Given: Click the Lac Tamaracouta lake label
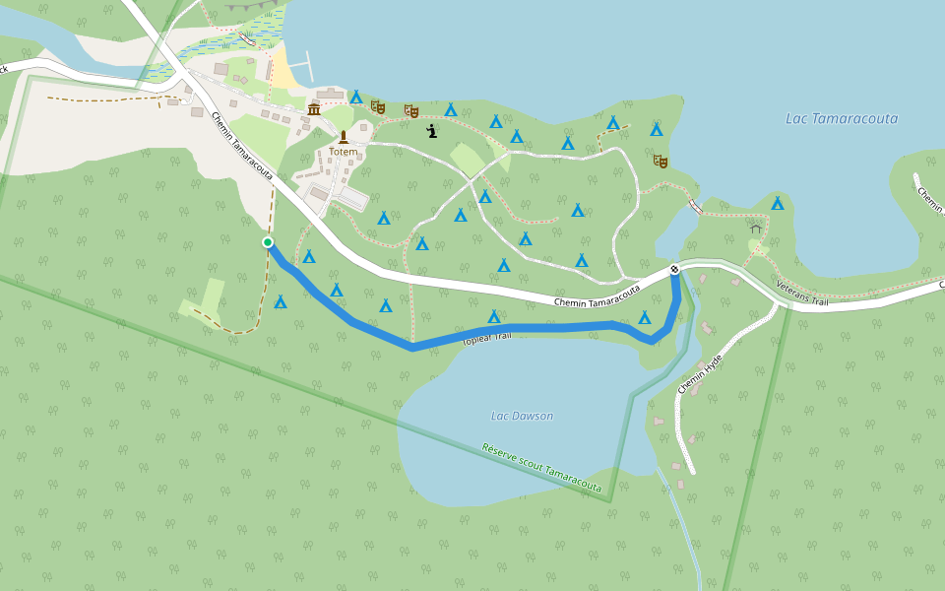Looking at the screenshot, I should coord(841,118).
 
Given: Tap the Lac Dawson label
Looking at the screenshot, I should coord(522,416).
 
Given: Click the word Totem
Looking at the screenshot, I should coord(344,152).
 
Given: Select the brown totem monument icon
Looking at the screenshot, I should coord(344,137).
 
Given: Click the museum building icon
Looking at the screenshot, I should coord(314,108).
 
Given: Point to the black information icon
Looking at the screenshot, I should coord(431,130).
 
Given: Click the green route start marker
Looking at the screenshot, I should coord(268,242).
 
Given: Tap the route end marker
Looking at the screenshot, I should coord(674,270).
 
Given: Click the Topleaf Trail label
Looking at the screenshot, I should coord(487,339).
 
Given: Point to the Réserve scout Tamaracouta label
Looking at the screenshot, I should coord(541,468).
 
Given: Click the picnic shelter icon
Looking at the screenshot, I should coord(756,229).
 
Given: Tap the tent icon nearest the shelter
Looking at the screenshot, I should coord(778,203).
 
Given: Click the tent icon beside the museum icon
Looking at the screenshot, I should coord(355,97).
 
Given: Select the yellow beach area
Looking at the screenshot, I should coord(283,72).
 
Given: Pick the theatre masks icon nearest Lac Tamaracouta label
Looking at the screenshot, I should coord(660,160).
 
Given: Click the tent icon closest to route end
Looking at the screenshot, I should coord(645,317).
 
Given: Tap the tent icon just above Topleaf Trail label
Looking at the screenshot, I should coord(494,316).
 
